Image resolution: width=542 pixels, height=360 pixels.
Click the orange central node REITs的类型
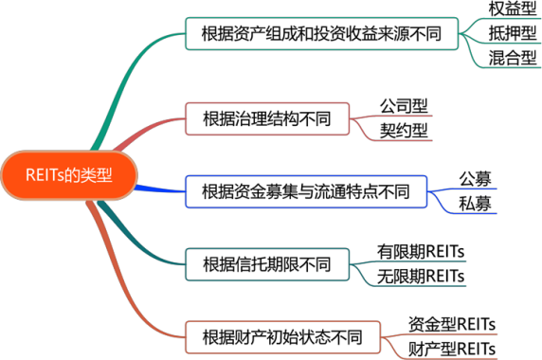[69, 175]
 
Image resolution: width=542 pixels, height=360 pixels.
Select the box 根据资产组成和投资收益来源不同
[322, 33]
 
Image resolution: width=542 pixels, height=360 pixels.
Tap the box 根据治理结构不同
[267, 118]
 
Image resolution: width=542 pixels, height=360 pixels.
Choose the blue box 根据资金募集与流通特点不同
[306, 191]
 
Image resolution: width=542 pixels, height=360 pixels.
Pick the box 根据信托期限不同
[267, 264]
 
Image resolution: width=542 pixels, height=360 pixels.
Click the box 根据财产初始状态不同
[282, 337]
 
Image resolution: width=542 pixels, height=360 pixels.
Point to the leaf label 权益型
[513, 9]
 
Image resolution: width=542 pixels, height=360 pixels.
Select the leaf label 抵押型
[513, 33]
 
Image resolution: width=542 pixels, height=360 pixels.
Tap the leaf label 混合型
[513, 58]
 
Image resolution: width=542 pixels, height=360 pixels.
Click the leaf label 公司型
[404, 106]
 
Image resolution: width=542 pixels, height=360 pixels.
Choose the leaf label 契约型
[404, 131]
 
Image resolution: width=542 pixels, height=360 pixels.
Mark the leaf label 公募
[475, 179]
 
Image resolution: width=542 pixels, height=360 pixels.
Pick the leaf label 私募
[475, 204]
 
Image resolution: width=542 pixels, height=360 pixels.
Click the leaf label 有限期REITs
[421, 251]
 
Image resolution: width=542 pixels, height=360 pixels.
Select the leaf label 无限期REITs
[421, 277]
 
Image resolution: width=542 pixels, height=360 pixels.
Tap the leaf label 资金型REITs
[452, 324]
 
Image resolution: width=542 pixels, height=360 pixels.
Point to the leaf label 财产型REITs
[452, 349]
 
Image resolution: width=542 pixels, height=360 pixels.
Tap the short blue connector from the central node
[160, 189]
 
